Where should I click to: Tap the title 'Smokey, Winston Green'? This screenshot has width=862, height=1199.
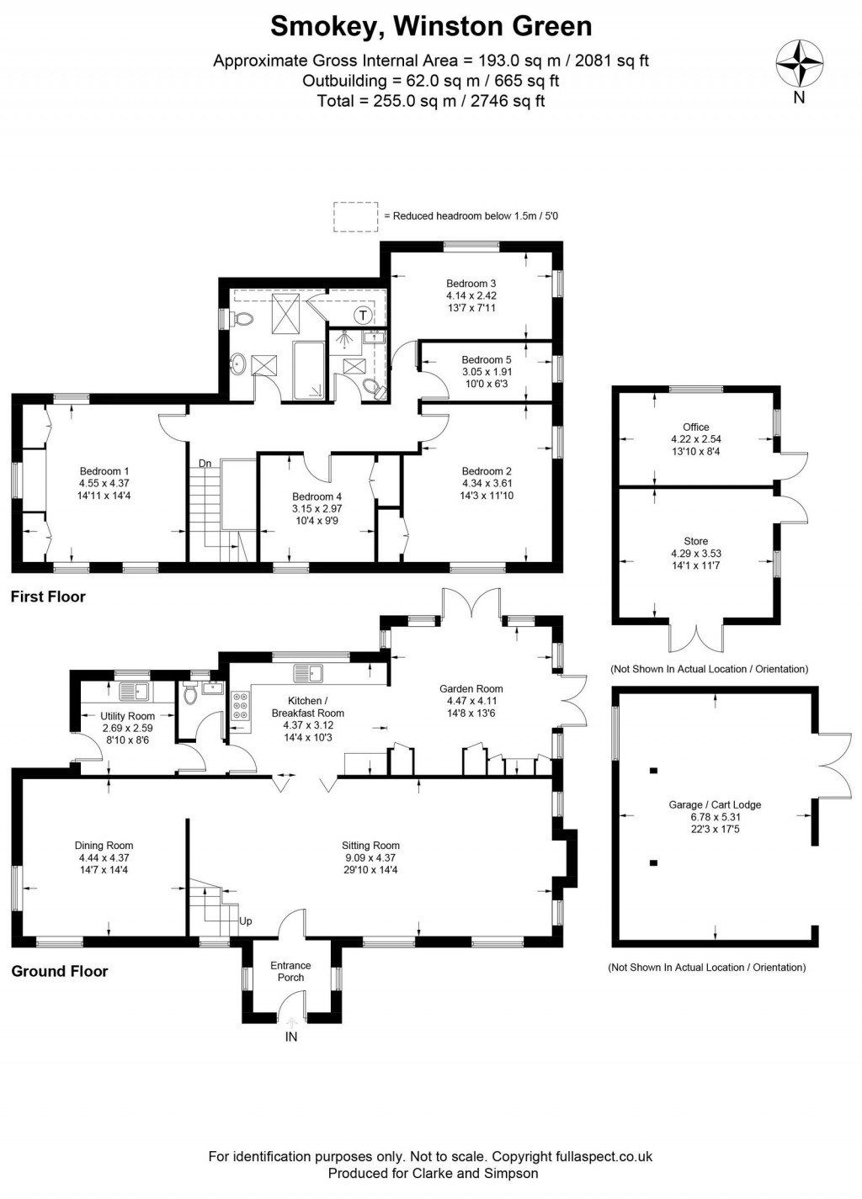pyautogui.click(x=430, y=26)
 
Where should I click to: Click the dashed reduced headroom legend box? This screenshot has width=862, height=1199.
pyautogui.click(x=356, y=215)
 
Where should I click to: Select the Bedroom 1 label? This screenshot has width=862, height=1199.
pyautogui.click(x=104, y=471)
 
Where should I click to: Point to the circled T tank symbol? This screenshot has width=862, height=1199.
pyautogui.click(x=363, y=316)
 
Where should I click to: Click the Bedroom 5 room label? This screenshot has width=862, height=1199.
pyautogui.click(x=486, y=359)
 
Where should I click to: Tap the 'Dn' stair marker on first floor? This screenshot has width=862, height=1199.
pyautogui.click(x=205, y=463)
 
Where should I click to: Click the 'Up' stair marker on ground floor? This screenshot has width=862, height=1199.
pyautogui.click(x=246, y=921)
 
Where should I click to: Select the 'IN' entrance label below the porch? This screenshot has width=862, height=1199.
pyautogui.click(x=291, y=1037)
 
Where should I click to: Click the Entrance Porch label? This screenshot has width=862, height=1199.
pyautogui.click(x=290, y=971)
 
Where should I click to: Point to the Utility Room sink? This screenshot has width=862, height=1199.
pyautogui.click(x=134, y=692)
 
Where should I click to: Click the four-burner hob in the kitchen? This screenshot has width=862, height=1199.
pyautogui.click(x=240, y=705)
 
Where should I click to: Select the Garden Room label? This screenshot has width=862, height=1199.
pyautogui.click(x=471, y=688)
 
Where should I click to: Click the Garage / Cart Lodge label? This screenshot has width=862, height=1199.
pyautogui.click(x=715, y=804)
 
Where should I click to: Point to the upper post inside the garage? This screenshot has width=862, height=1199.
pyautogui.click(x=652, y=770)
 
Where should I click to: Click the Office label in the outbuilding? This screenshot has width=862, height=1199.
pyautogui.click(x=695, y=427)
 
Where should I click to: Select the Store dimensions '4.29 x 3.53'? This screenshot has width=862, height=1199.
pyautogui.click(x=695, y=554)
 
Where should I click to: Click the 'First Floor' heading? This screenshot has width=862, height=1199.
pyautogui.click(x=48, y=597)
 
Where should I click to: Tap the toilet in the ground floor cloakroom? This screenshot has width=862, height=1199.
pyautogui.click(x=189, y=693)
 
